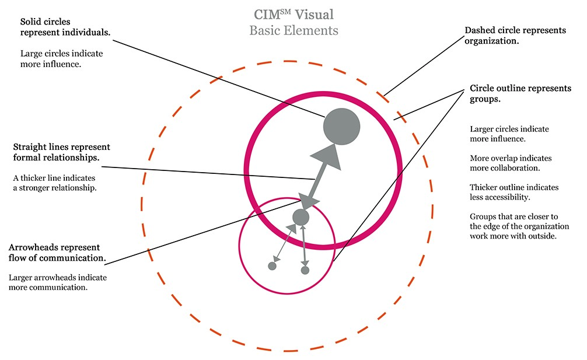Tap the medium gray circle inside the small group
pyautogui.click(x=301, y=217)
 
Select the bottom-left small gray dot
pyautogui.click(x=272, y=266)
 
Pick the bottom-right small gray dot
pyautogui.click(x=305, y=270)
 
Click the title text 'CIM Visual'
pyautogui.click(x=293, y=14)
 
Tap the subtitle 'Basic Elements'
pyautogui.click(x=293, y=30)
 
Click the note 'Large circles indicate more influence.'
pyautogui.click(x=61, y=59)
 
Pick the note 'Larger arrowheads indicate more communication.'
pyautogui.click(x=58, y=283)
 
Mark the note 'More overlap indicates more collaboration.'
pyautogui.click(x=511, y=163)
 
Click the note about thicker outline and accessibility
pyautogui.click(x=514, y=193)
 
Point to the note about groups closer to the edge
pyautogui.click(x=519, y=226)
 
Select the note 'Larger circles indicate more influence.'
pyautogui.click(x=509, y=134)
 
